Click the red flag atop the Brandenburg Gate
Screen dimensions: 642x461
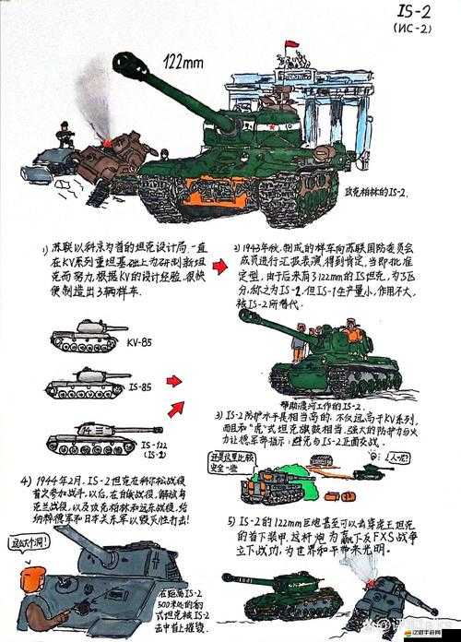(x=290, y=45)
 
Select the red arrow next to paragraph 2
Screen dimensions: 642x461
(x=219, y=267)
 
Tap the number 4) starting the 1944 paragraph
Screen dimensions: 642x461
(x=28, y=481)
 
